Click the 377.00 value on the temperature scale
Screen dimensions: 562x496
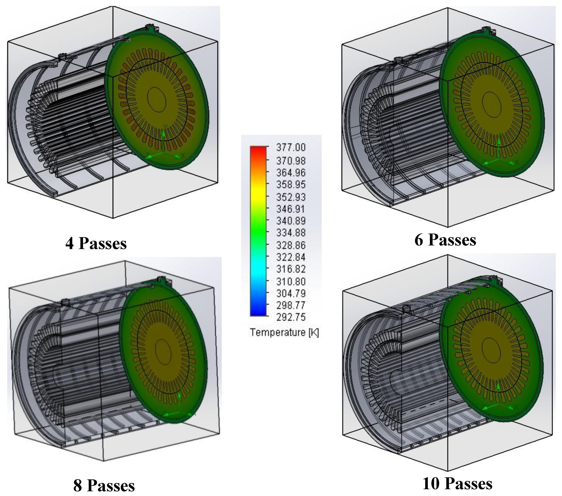pyautogui.click(x=291, y=148)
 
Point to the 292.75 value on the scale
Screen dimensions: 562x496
pyautogui.click(x=291, y=317)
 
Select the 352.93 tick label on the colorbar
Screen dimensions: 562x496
pyautogui.click(x=291, y=197)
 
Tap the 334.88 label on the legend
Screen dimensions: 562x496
pyautogui.click(x=291, y=233)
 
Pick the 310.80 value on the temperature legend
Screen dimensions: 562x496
pyautogui.click(x=291, y=282)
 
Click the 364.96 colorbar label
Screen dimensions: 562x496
pyautogui.click(x=291, y=173)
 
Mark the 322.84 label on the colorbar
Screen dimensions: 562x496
pyautogui.click(x=291, y=257)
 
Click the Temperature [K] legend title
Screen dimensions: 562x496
pyautogui.click(x=284, y=333)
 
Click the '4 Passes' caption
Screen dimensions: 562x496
pyautogui.click(x=96, y=244)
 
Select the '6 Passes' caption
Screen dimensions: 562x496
pyautogui.click(x=445, y=240)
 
